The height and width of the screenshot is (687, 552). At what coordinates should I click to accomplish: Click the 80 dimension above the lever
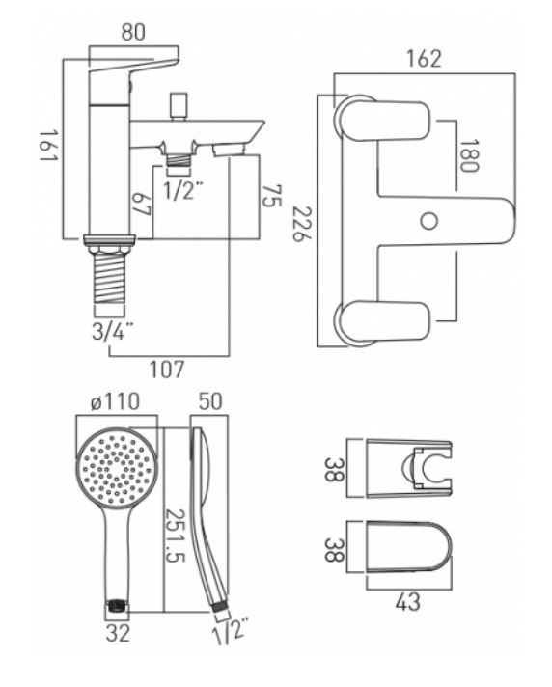tap(133, 32)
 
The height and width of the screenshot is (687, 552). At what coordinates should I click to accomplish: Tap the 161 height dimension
tap(48, 145)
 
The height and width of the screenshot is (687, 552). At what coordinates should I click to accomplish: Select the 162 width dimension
tap(424, 58)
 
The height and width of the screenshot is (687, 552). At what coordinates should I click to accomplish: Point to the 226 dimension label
tap(302, 224)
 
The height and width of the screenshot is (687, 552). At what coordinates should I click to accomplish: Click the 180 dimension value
tap(469, 155)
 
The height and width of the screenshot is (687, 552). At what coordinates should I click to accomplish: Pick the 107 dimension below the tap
tap(167, 370)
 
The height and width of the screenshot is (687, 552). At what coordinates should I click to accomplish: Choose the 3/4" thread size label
tap(113, 332)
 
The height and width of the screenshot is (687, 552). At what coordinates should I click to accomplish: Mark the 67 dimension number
tap(142, 204)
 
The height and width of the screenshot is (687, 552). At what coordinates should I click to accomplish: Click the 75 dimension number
tap(271, 196)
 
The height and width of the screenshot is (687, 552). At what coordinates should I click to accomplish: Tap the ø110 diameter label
tap(115, 401)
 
